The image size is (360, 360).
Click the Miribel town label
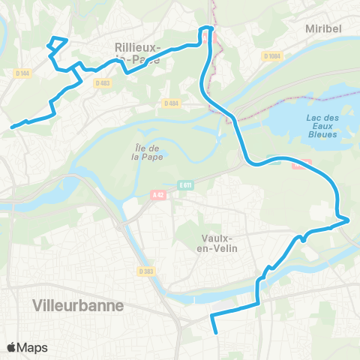323,28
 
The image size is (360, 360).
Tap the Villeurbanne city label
79,305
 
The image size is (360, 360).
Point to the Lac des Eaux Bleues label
322,124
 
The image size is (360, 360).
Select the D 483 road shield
103,82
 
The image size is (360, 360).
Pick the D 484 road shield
170,103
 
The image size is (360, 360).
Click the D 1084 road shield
271,55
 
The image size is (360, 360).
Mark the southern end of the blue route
216,331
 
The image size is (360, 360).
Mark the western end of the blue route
12,127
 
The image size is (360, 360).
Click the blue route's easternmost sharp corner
349,220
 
